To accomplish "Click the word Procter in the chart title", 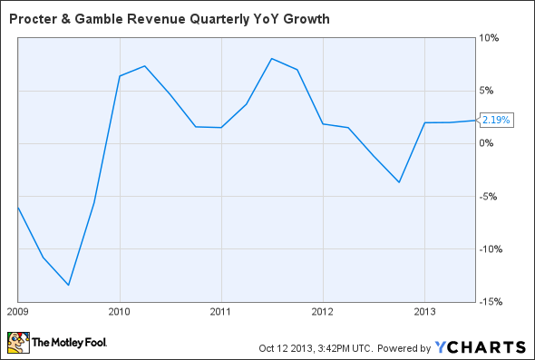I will tap(31, 17).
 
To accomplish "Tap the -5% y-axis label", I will tap(489, 196).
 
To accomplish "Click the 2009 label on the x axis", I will tap(18, 311).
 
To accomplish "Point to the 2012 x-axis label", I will tap(323, 311).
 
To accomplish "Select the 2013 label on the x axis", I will tap(424, 311).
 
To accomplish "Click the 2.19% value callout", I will tap(497, 120).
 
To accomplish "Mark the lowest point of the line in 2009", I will tap(69, 285).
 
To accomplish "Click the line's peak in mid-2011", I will tap(272, 58).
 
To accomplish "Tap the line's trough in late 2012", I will tap(399, 182).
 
